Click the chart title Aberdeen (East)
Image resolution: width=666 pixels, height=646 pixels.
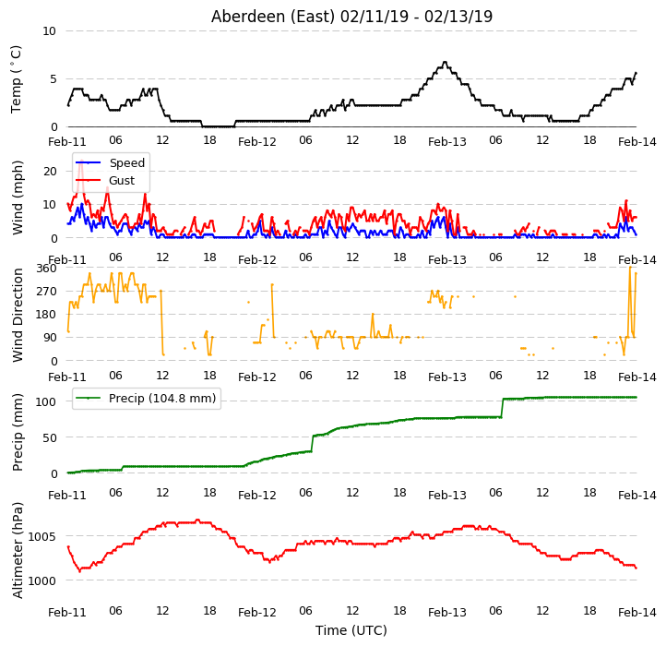273,17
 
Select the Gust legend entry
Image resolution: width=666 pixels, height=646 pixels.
105,180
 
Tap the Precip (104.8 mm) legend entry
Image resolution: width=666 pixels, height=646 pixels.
146,399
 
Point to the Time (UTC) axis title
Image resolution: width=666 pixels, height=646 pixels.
351,629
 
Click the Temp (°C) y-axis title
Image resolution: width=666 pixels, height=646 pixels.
16,79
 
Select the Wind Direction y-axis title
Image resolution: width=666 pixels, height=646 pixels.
18,315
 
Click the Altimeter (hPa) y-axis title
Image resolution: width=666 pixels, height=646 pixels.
18,551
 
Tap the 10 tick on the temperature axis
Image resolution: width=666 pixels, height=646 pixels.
49,31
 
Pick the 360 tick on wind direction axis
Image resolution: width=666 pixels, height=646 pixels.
46,269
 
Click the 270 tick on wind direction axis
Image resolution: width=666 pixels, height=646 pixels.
46,292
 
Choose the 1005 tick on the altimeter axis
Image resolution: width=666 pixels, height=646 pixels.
42,536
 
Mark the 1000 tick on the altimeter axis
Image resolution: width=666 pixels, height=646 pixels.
42,580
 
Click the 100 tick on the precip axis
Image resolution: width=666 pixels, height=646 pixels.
46,401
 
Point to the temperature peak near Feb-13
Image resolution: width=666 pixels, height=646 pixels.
445,63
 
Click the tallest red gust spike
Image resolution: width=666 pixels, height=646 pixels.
81,161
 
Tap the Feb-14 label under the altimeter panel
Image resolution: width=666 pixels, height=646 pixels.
637,613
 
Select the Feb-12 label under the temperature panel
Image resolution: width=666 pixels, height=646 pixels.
257,142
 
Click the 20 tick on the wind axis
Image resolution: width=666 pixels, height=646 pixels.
50,172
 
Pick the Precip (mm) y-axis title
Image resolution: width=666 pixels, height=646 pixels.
18,433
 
